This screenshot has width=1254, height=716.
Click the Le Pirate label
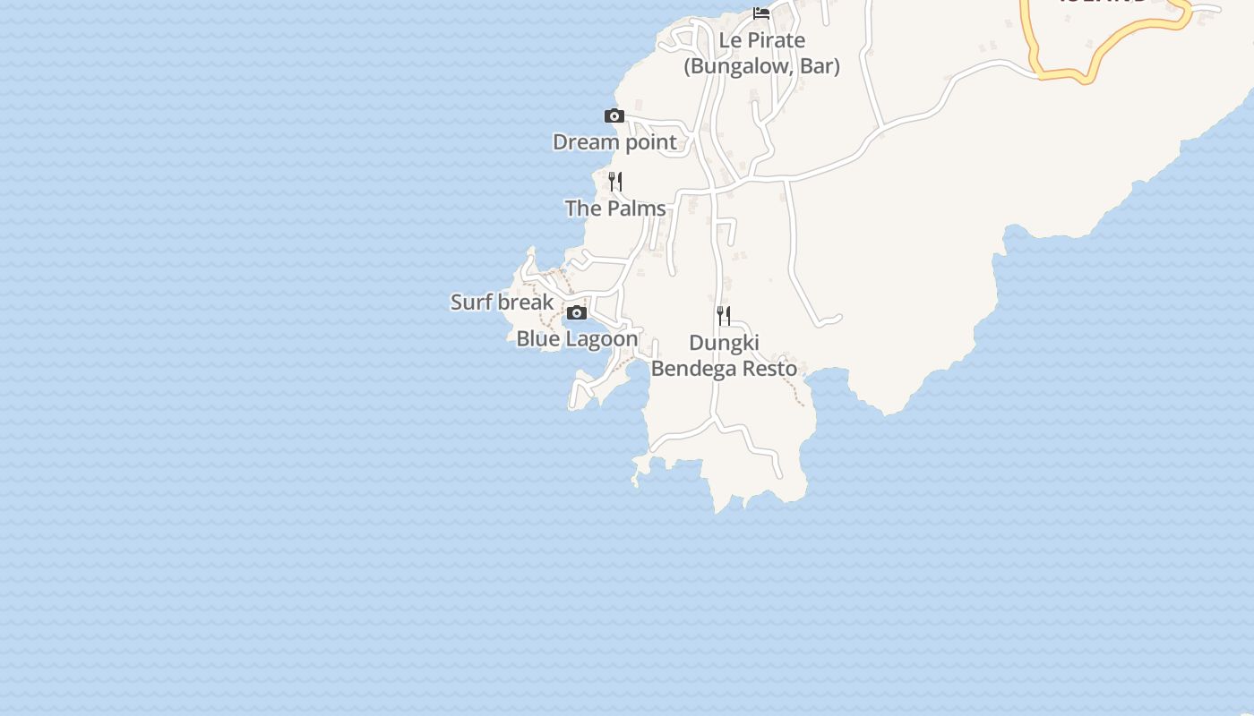[x=761, y=41]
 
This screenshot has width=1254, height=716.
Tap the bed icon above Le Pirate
[x=761, y=13]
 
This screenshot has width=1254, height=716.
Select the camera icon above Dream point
[x=614, y=115]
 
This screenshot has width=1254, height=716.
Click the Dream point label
[x=614, y=142]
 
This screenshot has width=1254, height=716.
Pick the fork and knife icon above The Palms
[x=614, y=182]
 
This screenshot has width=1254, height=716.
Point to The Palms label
[x=615, y=209]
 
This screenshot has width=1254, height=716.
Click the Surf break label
[x=502, y=303]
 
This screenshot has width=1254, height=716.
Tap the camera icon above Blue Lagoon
[x=577, y=312]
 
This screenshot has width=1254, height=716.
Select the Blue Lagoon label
[x=577, y=339]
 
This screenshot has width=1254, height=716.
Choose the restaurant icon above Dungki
[x=723, y=315]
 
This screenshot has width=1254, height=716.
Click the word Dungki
[x=724, y=343]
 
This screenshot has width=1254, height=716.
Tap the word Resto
[x=769, y=369]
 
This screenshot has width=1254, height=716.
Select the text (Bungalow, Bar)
[x=761, y=66]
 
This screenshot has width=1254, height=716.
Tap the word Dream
[x=585, y=142]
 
